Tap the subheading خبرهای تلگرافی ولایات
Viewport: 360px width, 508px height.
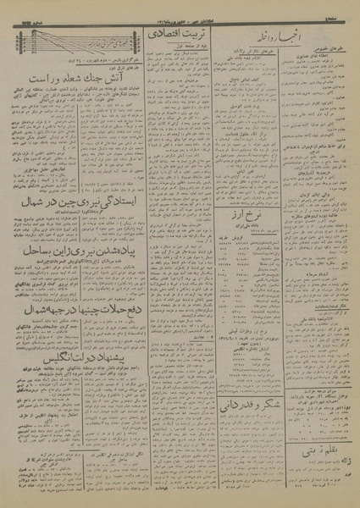click(x=252, y=52)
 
